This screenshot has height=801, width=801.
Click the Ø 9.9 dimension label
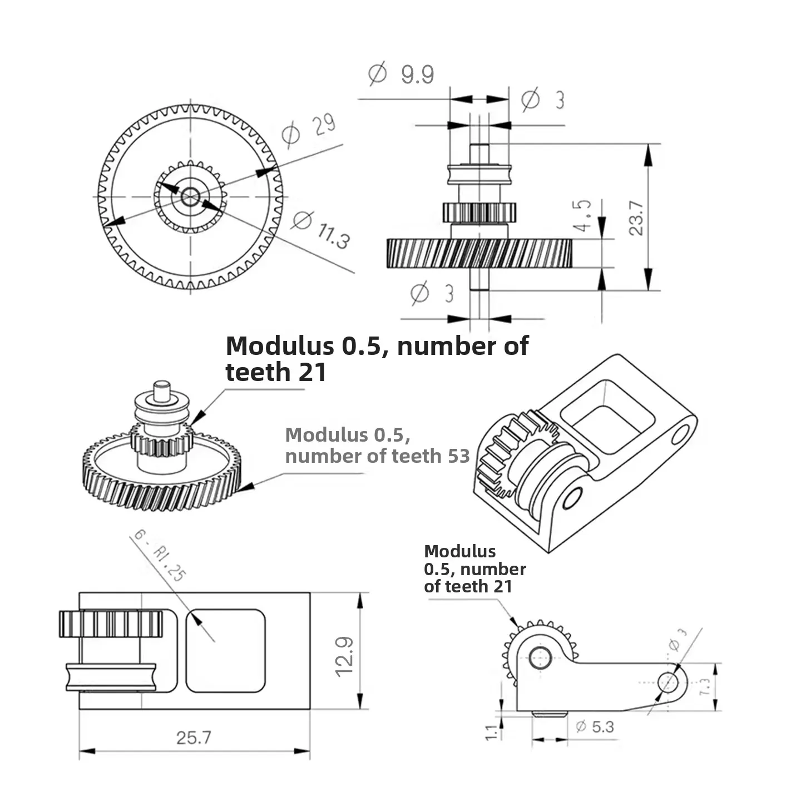(402, 74)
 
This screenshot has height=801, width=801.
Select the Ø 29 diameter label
(308, 130)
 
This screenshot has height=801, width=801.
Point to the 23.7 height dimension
(636, 218)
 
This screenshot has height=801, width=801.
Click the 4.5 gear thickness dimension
(583, 216)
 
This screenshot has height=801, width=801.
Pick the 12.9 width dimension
(344, 656)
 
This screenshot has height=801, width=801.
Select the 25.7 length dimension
(194, 738)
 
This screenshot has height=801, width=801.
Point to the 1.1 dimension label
(492, 731)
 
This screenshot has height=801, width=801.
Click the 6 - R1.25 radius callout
(159, 556)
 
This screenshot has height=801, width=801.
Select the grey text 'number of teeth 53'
(377, 456)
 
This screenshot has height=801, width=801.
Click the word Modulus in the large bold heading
(279, 346)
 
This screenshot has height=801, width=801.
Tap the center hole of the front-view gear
(190, 196)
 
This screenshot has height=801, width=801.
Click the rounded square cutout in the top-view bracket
(225, 651)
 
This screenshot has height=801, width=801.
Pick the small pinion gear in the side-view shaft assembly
(479, 212)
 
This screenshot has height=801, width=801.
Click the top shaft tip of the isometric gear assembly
(162, 389)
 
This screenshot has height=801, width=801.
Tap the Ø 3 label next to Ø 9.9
(543, 100)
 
